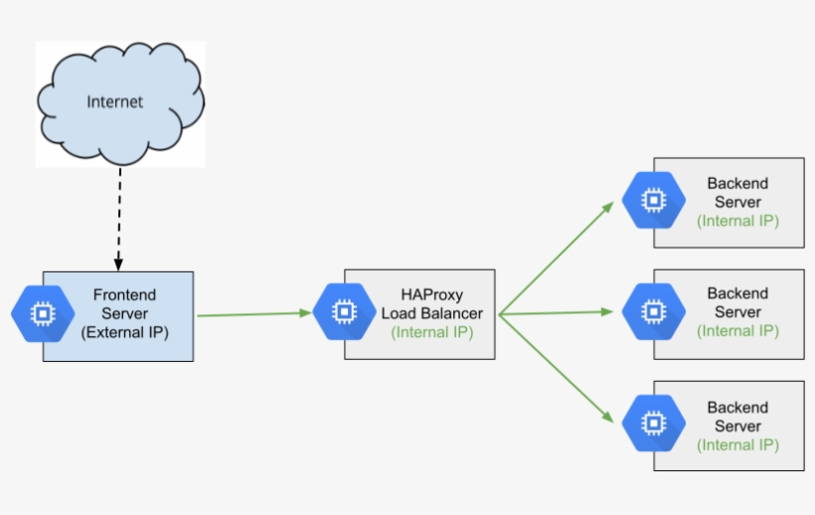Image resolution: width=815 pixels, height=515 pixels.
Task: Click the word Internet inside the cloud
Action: point(114,101)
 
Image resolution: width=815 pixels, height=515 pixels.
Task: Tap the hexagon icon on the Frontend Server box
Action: point(43,314)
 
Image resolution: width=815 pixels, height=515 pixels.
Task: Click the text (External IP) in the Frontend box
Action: point(124,333)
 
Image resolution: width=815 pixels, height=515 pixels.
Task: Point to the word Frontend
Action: point(124,295)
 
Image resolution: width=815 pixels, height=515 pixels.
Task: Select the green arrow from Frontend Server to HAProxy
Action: point(254,314)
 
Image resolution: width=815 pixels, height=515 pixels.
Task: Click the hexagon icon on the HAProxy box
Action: point(344,312)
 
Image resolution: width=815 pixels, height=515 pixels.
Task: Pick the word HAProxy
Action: point(431,294)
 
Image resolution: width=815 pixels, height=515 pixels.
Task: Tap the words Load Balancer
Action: point(431,313)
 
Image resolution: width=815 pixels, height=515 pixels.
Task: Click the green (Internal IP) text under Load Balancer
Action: point(431,332)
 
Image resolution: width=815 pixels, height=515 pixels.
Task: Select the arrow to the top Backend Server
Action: point(557,257)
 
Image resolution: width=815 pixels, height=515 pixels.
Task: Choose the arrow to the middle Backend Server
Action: point(557,313)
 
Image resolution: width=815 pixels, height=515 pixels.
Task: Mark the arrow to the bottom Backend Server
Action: point(557,369)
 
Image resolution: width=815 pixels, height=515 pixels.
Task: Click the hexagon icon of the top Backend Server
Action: point(653,200)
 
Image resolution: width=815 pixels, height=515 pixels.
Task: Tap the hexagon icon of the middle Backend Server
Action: point(653,311)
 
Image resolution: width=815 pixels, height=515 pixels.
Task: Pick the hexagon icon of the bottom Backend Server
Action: point(653,425)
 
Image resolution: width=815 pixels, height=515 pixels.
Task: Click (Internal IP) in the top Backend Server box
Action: point(737,221)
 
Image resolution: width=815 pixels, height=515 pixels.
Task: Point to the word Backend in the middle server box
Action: point(737,293)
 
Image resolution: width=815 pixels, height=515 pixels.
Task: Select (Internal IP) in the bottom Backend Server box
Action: point(737,444)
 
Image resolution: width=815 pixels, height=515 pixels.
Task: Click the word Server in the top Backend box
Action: point(737,202)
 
